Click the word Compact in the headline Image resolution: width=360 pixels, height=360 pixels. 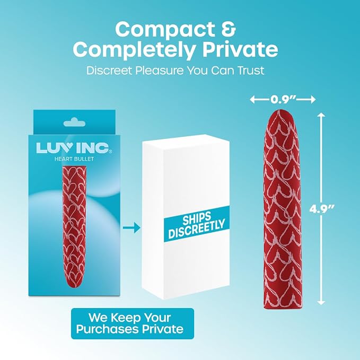tap(164, 30)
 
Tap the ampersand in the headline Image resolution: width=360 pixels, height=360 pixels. tap(229, 29)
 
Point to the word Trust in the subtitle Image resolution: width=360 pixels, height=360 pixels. tap(250, 71)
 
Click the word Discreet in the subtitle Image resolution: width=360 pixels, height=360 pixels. tap(109, 71)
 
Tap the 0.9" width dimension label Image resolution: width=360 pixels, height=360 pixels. tap(283, 100)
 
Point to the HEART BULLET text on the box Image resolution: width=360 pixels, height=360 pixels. tap(74, 159)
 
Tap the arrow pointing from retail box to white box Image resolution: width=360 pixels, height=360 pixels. tap(131, 227)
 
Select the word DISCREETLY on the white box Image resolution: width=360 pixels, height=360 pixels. tap(197, 229)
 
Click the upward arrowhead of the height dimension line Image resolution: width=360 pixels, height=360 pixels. tap(321, 115)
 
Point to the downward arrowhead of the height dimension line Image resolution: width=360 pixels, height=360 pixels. tap(321, 302)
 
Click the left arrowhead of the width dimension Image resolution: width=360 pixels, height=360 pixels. tap(253, 100)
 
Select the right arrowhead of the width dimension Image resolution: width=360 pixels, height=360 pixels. tap(313, 100)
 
